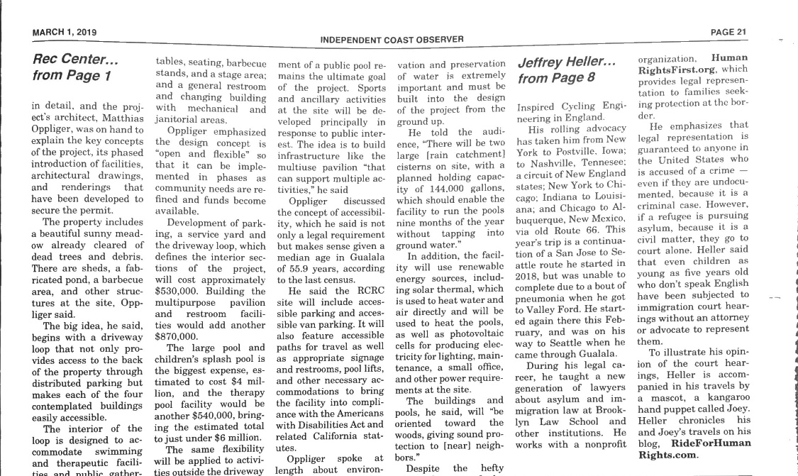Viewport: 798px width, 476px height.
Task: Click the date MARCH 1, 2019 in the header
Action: tap(65, 32)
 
